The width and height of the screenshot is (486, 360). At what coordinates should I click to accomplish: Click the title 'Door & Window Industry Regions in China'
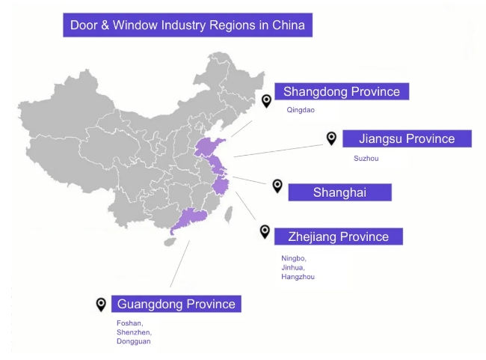point(187,25)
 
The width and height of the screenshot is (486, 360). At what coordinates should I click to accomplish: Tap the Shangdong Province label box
point(342,91)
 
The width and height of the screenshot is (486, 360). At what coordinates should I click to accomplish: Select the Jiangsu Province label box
point(407,138)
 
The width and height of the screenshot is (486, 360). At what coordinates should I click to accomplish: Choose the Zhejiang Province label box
point(338,237)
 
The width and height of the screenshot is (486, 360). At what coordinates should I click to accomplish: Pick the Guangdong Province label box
point(176,304)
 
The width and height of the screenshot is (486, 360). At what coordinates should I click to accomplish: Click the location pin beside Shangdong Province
point(266,101)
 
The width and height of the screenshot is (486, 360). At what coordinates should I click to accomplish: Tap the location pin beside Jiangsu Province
point(331,138)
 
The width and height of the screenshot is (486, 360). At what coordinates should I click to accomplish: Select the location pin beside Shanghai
point(277,186)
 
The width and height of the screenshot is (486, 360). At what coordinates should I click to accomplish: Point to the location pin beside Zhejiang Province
point(265,231)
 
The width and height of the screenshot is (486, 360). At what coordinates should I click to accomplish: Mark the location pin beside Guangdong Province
point(101,304)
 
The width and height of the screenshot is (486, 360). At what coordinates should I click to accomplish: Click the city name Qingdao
point(301,110)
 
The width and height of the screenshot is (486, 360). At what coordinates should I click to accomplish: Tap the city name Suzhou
point(366,158)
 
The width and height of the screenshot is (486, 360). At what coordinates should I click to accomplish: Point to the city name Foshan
point(129,323)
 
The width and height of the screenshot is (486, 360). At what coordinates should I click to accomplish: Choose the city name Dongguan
point(132,341)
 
